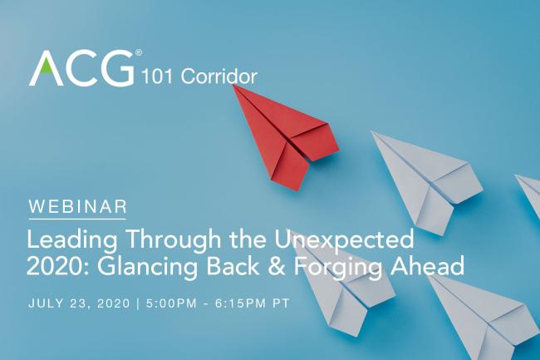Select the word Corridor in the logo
point(218,77)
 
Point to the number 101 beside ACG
point(158,77)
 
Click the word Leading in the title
point(71,241)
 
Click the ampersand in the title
point(299,268)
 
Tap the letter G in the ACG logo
point(115,68)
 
